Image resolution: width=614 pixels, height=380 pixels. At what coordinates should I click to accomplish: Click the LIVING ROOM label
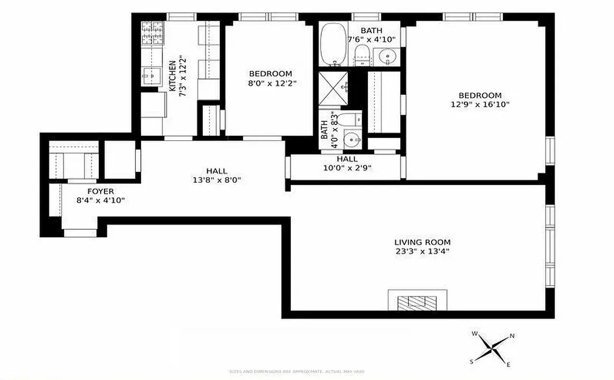pos(422,242)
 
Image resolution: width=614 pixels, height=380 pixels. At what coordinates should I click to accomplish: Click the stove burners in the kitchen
pos(152,33)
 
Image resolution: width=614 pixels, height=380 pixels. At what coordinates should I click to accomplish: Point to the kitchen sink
pos(152,75)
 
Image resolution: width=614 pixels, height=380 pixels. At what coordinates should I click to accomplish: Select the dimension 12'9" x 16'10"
pos(480,104)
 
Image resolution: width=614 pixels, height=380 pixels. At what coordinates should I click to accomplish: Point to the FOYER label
pos(100,191)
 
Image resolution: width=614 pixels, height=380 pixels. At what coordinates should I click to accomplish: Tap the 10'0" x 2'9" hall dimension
pos(347,168)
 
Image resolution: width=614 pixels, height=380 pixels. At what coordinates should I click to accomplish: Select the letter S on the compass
pos(472,361)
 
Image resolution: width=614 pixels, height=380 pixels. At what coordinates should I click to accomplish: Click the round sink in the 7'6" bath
pos(387,58)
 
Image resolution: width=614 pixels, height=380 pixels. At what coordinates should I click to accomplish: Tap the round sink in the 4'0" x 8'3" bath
pos(351,140)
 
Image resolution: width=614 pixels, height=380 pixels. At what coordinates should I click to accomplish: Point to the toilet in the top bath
pos(363,55)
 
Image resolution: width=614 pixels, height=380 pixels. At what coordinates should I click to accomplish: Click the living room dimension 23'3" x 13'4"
pos(422,251)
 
